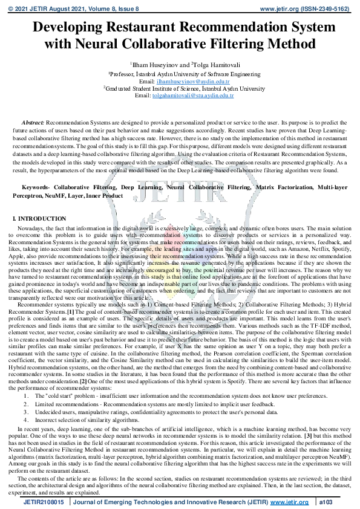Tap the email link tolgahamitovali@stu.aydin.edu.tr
193,96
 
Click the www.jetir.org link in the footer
289,502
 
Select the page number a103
326,502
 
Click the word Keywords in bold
36,189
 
